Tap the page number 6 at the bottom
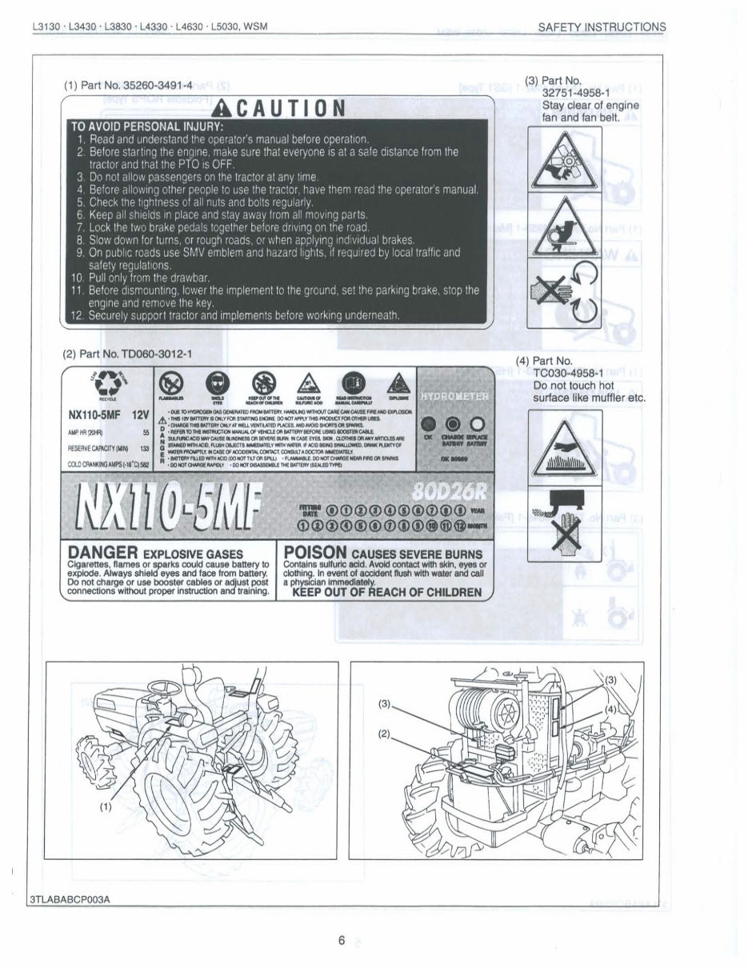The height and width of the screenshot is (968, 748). click(x=341, y=941)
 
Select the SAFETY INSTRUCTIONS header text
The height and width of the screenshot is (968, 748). click(x=602, y=26)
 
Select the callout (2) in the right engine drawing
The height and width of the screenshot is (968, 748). click(x=385, y=733)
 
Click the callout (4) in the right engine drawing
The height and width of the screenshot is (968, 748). click(x=610, y=709)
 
